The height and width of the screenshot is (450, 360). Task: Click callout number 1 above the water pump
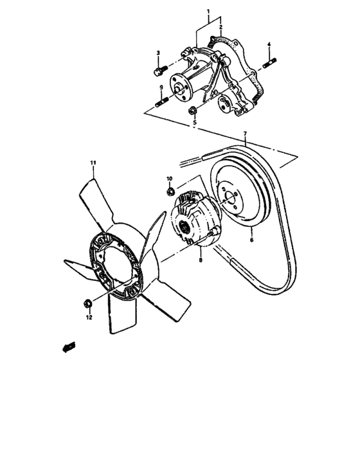point(208,12)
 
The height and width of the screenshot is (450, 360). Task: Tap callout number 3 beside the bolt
point(157,52)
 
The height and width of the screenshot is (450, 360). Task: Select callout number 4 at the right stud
point(269,44)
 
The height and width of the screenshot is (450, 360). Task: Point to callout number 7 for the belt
point(245,136)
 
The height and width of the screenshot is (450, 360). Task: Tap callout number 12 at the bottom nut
point(89,317)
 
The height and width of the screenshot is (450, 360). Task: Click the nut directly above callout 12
point(87,303)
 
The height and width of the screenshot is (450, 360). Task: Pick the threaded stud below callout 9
point(161,102)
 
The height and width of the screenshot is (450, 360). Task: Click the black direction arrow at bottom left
point(67,347)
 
